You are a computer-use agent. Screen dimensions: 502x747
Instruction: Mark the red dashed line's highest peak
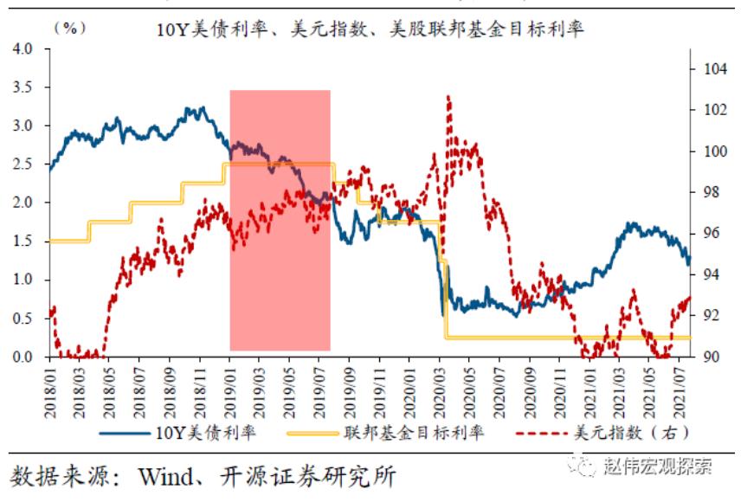(448, 97)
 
